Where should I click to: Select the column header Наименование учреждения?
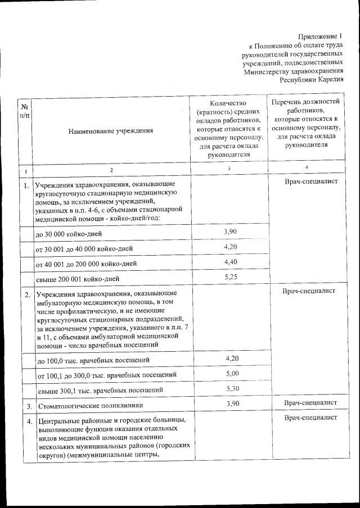[x=111, y=131]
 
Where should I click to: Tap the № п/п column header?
[x=25, y=111]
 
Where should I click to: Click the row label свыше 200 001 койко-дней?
[x=77, y=279]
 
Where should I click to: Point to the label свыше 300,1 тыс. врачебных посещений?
[x=100, y=389]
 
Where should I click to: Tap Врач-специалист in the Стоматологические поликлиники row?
[x=310, y=403]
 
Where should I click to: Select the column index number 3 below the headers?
[x=229, y=167]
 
